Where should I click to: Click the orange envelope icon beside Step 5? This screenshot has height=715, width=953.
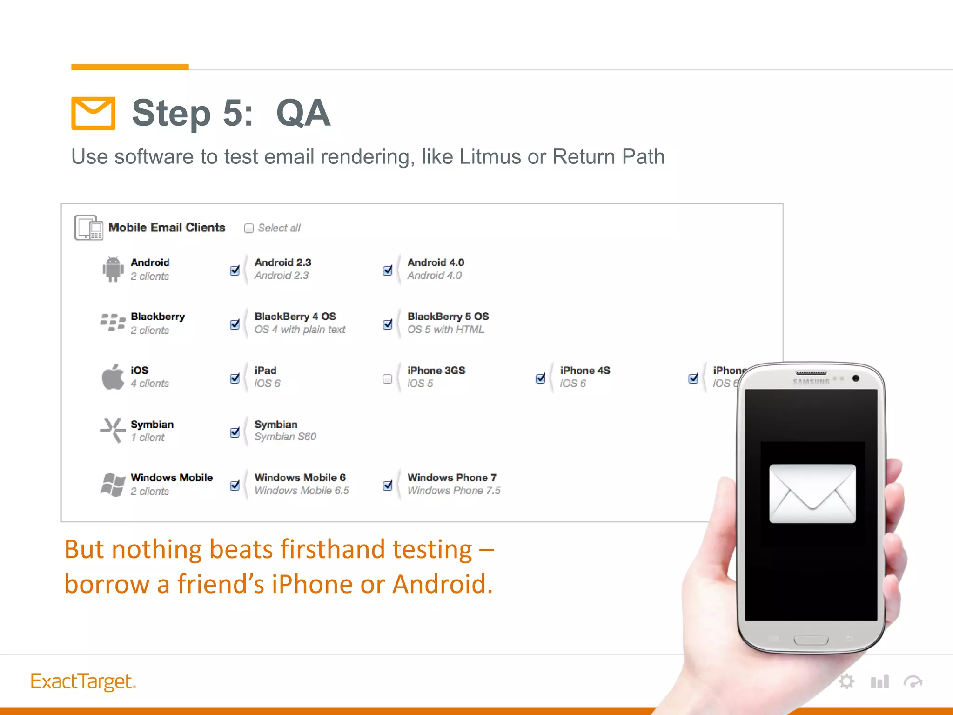93,113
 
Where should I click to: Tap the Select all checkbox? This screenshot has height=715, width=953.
249,228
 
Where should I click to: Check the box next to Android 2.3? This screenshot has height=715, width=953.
235,270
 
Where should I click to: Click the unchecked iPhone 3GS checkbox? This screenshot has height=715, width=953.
387,378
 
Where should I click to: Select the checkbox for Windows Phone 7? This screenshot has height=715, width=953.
387,486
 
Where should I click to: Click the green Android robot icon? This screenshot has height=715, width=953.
113,269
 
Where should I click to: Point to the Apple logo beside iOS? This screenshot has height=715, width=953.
113,377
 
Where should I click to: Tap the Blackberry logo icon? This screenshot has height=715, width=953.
113,322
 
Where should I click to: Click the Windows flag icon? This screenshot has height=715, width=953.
113,484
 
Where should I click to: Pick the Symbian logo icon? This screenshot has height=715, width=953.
113,430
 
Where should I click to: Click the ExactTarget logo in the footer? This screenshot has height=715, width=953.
83,681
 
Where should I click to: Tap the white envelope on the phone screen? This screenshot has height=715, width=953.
812,493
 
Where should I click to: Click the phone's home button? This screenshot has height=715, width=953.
811,640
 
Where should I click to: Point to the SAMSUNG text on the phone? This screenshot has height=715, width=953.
811,382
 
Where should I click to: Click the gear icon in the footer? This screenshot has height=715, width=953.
846,681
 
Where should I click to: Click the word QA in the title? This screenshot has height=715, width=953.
303,113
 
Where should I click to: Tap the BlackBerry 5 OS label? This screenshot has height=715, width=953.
448,317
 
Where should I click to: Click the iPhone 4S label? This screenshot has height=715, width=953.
585,371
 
